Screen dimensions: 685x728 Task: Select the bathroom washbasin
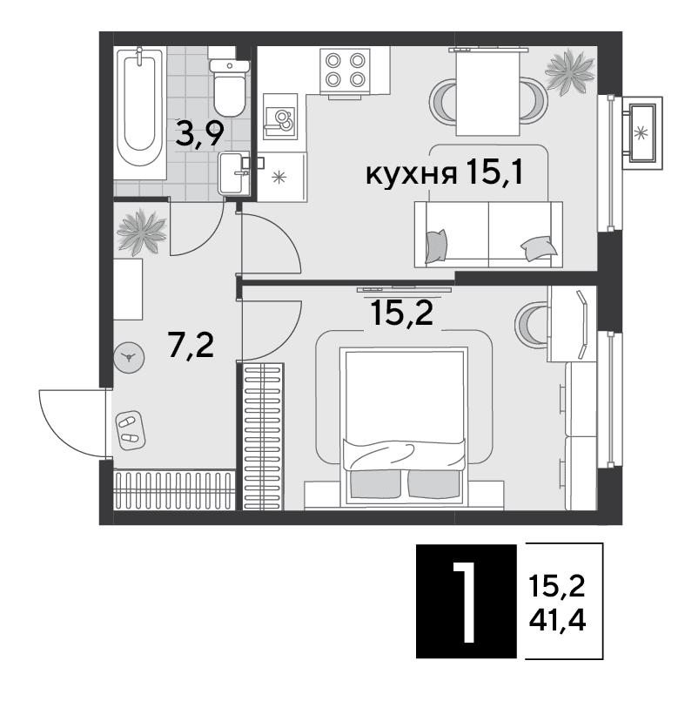(x=234, y=173)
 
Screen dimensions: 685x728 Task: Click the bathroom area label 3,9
(x=200, y=133)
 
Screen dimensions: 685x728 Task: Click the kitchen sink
(x=280, y=117)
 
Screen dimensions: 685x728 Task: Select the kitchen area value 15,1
(x=495, y=172)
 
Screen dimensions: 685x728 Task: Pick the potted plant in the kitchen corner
(x=570, y=71)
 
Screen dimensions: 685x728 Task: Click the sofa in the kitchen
(x=488, y=234)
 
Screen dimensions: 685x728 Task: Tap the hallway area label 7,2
(x=191, y=346)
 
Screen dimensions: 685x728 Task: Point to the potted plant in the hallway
(x=142, y=233)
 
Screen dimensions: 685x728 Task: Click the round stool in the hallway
(x=129, y=357)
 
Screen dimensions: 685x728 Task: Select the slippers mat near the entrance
(x=130, y=430)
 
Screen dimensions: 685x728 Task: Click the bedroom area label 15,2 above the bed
(x=402, y=313)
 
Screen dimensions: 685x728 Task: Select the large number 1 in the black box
(x=465, y=603)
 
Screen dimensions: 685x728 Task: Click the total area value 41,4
(x=557, y=620)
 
